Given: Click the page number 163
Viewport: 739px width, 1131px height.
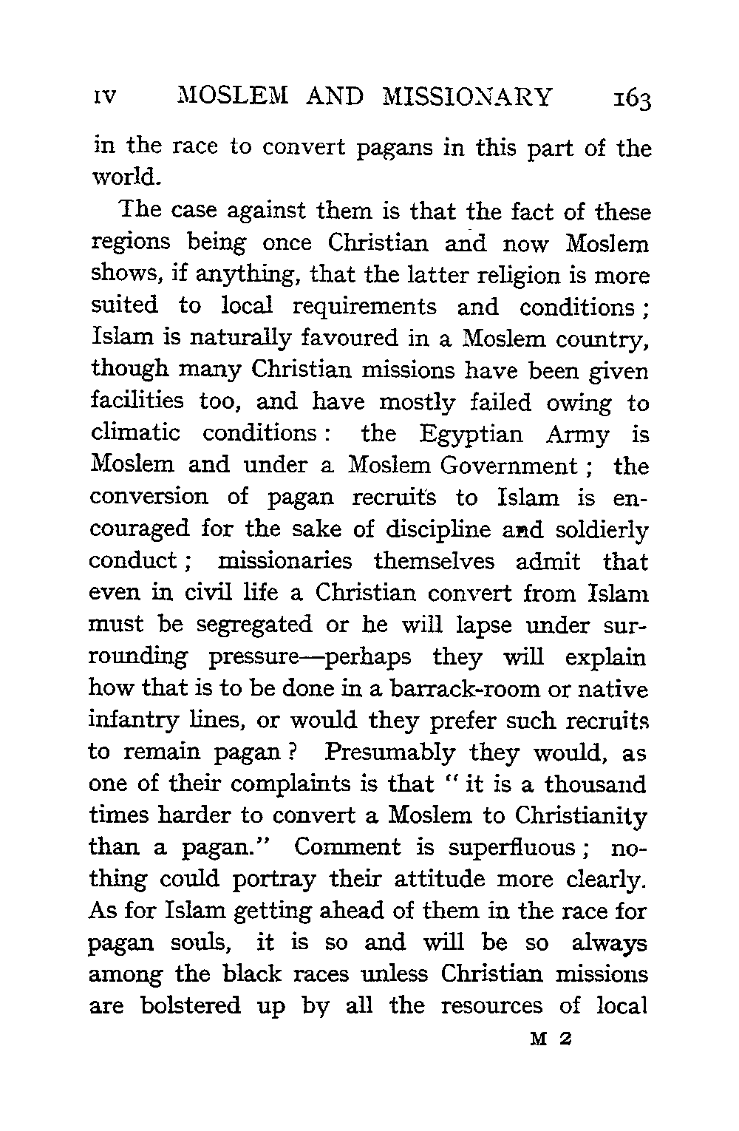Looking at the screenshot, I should click(x=625, y=98).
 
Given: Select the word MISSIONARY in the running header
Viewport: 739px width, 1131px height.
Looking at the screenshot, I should click(x=468, y=97).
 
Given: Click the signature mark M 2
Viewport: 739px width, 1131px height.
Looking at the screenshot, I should click(x=548, y=1039).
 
